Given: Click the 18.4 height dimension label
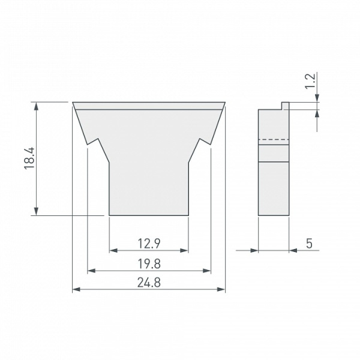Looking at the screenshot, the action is pyautogui.click(x=29, y=158).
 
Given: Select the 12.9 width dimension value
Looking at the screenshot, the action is pyautogui.click(x=149, y=244).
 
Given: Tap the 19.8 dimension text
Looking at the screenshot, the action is pyautogui.click(x=149, y=264).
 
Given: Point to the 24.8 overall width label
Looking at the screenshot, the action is pyautogui.click(x=149, y=283).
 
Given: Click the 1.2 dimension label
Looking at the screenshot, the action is pyautogui.click(x=310, y=81).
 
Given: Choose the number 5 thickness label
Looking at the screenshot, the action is pyautogui.click(x=309, y=244).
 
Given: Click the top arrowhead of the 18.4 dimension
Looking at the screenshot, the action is pyautogui.click(x=36, y=106).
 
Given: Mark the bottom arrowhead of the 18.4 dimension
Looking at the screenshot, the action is pyautogui.click(x=36, y=211).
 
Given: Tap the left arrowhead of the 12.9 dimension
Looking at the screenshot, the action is pyautogui.click(x=113, y=250).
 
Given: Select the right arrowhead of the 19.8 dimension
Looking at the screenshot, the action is pyautogui.click(x=206, y=271).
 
